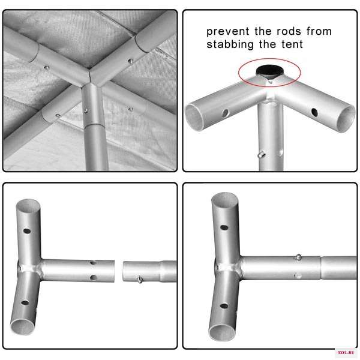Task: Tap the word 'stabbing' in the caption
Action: (230, 44)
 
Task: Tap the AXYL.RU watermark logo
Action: (346, 352)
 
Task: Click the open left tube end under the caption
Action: (194, 118)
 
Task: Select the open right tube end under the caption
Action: (346, 119)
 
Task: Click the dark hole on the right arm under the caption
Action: (314, 112)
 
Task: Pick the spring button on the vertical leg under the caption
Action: (261, 154)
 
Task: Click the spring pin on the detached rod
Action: (140, 280)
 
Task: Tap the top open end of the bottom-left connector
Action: (28, 205)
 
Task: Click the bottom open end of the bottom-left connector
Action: (23, 327)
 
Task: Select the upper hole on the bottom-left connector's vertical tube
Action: (27, 231)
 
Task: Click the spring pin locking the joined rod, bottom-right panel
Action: (298, 257)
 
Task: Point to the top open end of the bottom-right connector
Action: (224, 200)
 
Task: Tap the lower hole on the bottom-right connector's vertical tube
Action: (224, 306)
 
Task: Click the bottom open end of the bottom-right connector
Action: (222, 332)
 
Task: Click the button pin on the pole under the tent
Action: (85, 110)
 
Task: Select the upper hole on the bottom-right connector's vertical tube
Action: (224, 227)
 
